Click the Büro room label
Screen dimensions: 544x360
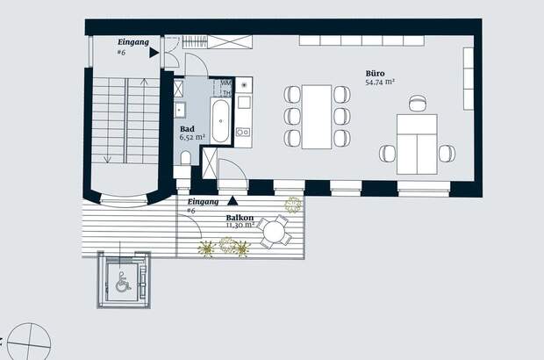point(375,73)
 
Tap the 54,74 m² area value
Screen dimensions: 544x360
point(380,83)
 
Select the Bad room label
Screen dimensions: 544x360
point(187,129)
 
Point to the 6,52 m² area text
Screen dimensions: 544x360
point(192,137)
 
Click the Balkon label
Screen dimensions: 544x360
point(240,218)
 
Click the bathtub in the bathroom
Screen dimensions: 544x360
point(220,121)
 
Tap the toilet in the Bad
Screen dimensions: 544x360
point(186,158)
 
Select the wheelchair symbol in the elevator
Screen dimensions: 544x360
point(123,282)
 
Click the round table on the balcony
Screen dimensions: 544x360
point(274,231)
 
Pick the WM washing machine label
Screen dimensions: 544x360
point(225,83)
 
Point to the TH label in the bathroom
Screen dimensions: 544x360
point(226,93)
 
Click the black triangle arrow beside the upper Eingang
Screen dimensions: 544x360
point(154,53)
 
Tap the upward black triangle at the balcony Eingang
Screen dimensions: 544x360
point(233,200)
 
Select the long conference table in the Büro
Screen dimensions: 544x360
point(317,117)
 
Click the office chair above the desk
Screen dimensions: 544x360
point(418,103)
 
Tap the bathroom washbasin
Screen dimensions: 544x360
point(180,111)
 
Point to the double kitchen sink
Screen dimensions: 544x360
point(243,132)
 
